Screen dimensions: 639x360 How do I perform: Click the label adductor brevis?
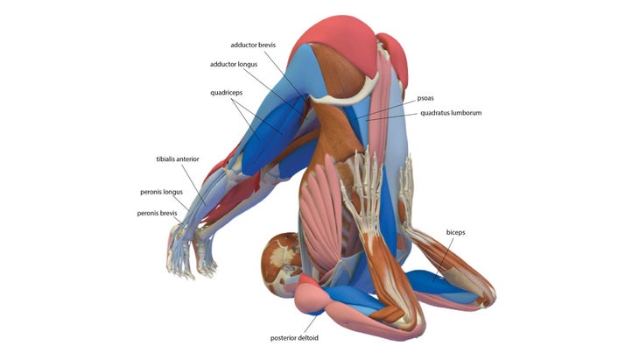tap(253, 45)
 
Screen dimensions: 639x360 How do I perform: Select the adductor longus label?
tap(234, 65)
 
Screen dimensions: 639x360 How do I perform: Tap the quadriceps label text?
tap(226, 93)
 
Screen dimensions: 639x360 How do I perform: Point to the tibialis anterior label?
tap(178, 159)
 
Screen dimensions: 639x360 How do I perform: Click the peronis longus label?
tap(161, 192)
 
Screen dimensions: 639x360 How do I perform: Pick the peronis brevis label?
tap(157, 213)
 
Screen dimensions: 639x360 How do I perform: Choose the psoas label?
tap(425, 98)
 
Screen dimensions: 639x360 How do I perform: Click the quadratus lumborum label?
tap(451, 113)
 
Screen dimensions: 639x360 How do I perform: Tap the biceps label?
tap(455, 232)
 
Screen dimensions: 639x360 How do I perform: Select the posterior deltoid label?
tap(294, 338)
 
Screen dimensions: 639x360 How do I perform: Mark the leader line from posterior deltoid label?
tap(310, 324)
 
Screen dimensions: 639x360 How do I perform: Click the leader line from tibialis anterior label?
tap(193, 185)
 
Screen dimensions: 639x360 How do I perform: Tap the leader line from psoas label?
tap(385, 109)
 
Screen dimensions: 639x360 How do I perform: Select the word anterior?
tap(188, 159)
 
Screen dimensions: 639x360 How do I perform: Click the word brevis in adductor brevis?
tap(267, 45)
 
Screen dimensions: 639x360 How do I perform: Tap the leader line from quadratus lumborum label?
tap(391, 117)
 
